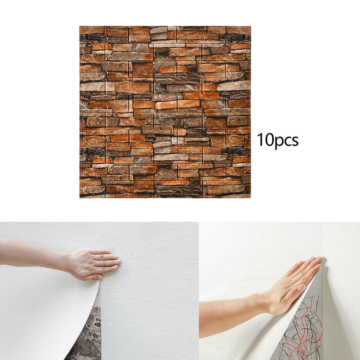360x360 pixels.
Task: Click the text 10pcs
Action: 277,141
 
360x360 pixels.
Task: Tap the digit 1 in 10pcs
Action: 260,140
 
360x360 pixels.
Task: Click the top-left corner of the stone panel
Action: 80,26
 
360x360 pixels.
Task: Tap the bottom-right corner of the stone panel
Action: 251,198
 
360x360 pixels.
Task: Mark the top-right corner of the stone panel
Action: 251,26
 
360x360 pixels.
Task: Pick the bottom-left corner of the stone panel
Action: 80,198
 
